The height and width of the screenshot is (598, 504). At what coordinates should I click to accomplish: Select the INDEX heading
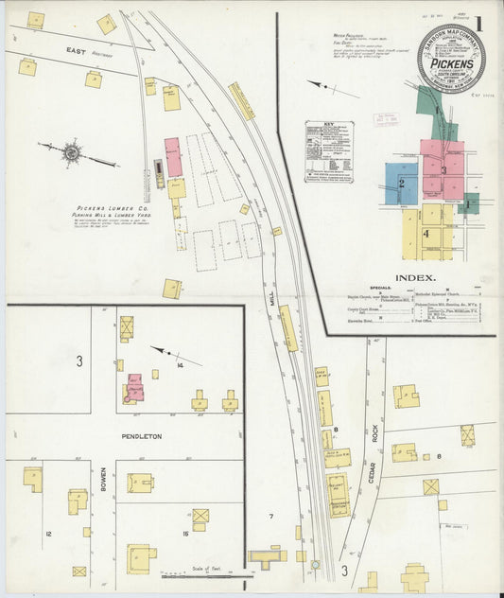click(415, 278)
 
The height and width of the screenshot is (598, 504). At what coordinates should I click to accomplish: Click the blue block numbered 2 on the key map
click(401, 184)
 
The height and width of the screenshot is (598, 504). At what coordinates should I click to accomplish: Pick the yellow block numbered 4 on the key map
click(426, 232)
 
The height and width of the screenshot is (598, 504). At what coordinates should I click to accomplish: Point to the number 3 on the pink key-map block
click(443, 169)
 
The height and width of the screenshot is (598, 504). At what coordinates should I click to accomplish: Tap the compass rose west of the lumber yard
click(71, 150)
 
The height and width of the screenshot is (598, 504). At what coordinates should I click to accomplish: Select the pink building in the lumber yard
click(173, 157)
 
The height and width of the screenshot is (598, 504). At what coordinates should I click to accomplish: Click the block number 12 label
click(48, 534)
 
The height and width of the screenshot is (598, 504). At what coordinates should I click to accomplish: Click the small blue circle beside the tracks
click(315, 565)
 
